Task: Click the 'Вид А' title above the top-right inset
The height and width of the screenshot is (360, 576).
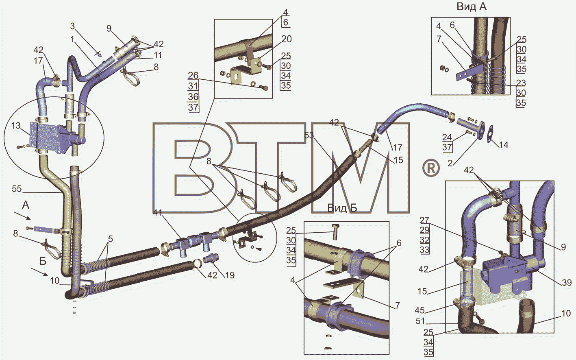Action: click(472, 7)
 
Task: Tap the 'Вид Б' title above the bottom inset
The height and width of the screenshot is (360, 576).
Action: click(342, 208)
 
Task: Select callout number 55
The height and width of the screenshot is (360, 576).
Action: click(17, 189)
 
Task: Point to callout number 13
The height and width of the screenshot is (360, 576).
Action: click(16, 126)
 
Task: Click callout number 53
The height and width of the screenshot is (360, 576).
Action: click(309, 135)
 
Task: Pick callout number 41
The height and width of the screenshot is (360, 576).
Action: click(157, 212)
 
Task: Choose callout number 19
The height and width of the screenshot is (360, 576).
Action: click(230, 275)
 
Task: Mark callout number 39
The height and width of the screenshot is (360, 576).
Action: click(567, 283)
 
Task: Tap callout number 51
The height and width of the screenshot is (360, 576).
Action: click(420, 321)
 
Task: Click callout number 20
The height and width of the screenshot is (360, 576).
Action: click(287, 39)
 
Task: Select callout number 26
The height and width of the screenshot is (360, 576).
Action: click(193, 75)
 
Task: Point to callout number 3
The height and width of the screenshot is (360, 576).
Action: click(72, 26)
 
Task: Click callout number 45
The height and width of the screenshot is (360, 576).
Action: click(420, 310)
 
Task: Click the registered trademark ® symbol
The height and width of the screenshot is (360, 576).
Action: click(431, 168)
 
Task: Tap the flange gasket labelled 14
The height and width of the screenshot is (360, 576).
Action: click(490, 133)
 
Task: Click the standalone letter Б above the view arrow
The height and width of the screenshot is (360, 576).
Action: click(43, 261)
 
